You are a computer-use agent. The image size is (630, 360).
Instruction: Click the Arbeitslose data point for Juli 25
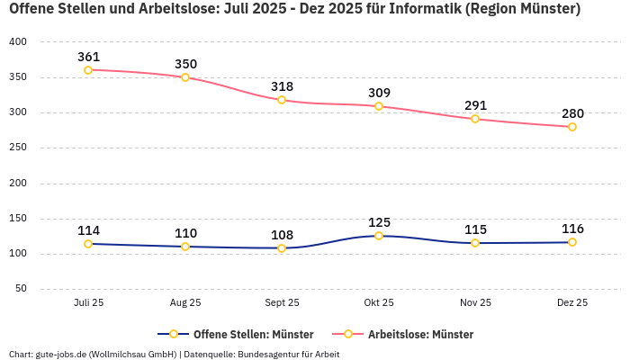88,70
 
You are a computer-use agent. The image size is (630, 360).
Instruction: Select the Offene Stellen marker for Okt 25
379,236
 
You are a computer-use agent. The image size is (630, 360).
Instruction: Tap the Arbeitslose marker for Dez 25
572,127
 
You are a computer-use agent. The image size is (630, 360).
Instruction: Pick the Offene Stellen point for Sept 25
282,248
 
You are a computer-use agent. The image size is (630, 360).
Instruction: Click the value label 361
88,57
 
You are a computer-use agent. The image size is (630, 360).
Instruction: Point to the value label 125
379,222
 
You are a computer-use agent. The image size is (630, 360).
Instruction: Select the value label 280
572,113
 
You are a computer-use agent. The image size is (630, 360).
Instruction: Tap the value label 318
282,86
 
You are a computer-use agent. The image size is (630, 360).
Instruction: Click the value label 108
282,234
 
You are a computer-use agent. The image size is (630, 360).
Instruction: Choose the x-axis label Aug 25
185,303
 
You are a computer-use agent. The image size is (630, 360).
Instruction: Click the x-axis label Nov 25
475,303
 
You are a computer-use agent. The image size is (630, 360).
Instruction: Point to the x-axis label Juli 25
88,303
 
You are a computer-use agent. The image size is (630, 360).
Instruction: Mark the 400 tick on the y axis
19,42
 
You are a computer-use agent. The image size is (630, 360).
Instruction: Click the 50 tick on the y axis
22,289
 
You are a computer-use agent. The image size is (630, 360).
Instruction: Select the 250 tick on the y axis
19,148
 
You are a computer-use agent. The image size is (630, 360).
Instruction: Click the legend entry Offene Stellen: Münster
240,335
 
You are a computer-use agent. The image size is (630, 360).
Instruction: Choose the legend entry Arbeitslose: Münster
420,335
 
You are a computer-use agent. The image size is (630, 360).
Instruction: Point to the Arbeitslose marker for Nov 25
475,119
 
